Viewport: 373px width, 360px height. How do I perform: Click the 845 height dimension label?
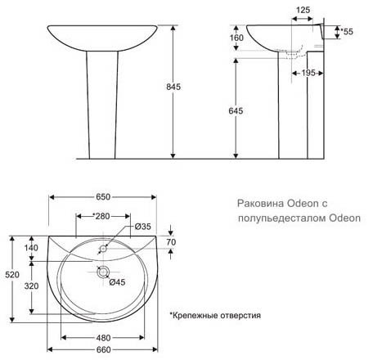173,87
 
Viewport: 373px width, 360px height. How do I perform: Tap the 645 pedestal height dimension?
236,110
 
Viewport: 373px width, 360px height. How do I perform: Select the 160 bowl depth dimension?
236,38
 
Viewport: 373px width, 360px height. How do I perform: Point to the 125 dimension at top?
303,10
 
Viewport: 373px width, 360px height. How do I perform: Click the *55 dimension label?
347,32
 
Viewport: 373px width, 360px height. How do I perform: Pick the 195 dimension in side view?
308,73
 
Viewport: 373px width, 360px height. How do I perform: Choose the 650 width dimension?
103,197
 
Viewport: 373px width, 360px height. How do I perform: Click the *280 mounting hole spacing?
101,216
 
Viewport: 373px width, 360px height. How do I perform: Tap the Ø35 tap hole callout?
142,227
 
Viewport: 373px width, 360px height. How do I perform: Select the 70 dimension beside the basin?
171,242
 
